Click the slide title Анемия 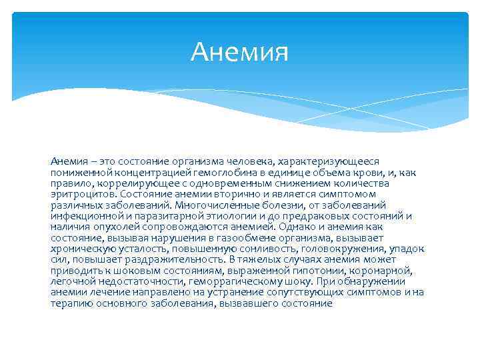pyautogui.click(x=239, y=52)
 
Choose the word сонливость pyautogui.click(x=262, y=248)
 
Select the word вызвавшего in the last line pyautogui.click(x=259, y=302)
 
